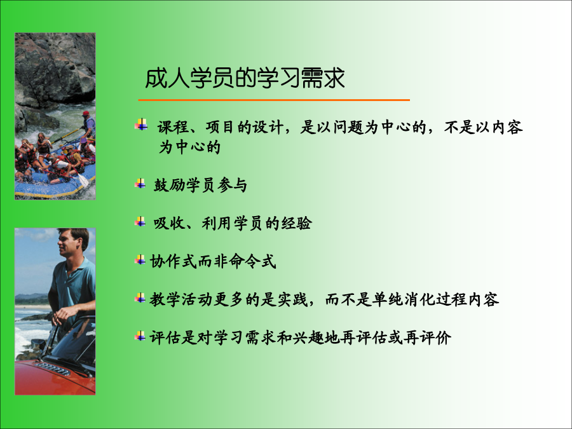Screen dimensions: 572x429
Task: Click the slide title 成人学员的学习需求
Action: pos(245,78)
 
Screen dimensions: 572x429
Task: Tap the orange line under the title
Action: pos(274,100)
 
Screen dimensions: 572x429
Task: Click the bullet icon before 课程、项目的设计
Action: pos(141,125)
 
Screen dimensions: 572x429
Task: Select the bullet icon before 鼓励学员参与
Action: pos(140,184)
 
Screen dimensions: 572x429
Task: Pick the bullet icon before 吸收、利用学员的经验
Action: pos(140,221)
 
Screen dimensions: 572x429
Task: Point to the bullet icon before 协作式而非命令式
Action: pos(140,260)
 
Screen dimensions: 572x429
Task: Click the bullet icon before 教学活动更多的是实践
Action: pos(140,298)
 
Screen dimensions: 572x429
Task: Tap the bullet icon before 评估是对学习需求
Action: pos(140,336)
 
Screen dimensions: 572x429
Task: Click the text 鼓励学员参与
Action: pos(200,185)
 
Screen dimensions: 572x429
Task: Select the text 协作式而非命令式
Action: pos(213,261)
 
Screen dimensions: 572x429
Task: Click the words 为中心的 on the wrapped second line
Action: pos(189,147)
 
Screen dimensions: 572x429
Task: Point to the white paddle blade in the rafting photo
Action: pos(83,180)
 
